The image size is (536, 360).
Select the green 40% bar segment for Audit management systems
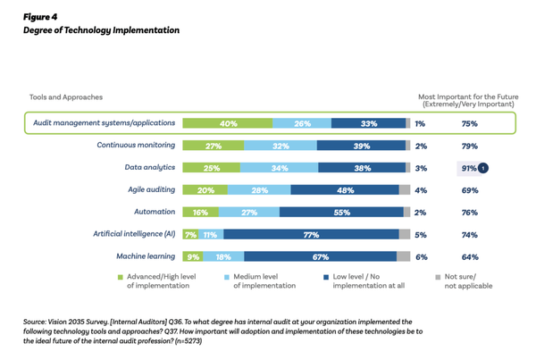(228, 123)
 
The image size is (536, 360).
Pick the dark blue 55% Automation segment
(344, 213)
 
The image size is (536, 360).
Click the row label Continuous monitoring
(136, 146)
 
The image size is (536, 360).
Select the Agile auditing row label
(149, 189)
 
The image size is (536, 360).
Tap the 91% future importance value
(467, 168)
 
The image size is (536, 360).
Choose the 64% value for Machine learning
(468, 257)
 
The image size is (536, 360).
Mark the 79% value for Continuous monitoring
(468, 146)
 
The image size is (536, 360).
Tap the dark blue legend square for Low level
(327, 278)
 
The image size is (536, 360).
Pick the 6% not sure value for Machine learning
(420, 257)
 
